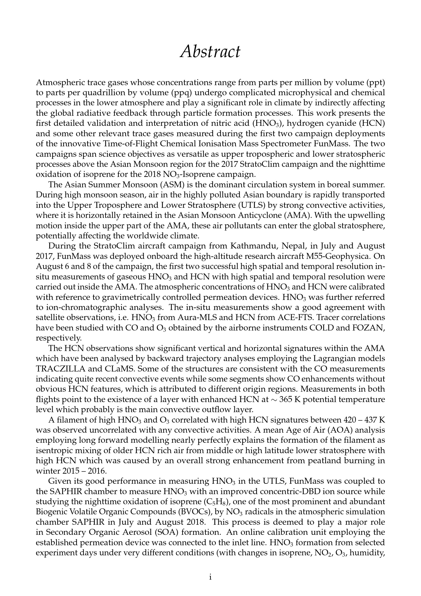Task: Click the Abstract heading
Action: click(x=210, y=51)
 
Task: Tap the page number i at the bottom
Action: click(x=210, y=577)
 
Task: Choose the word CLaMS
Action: click(x=121, y=369)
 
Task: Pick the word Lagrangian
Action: click(x=338, y=359)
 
